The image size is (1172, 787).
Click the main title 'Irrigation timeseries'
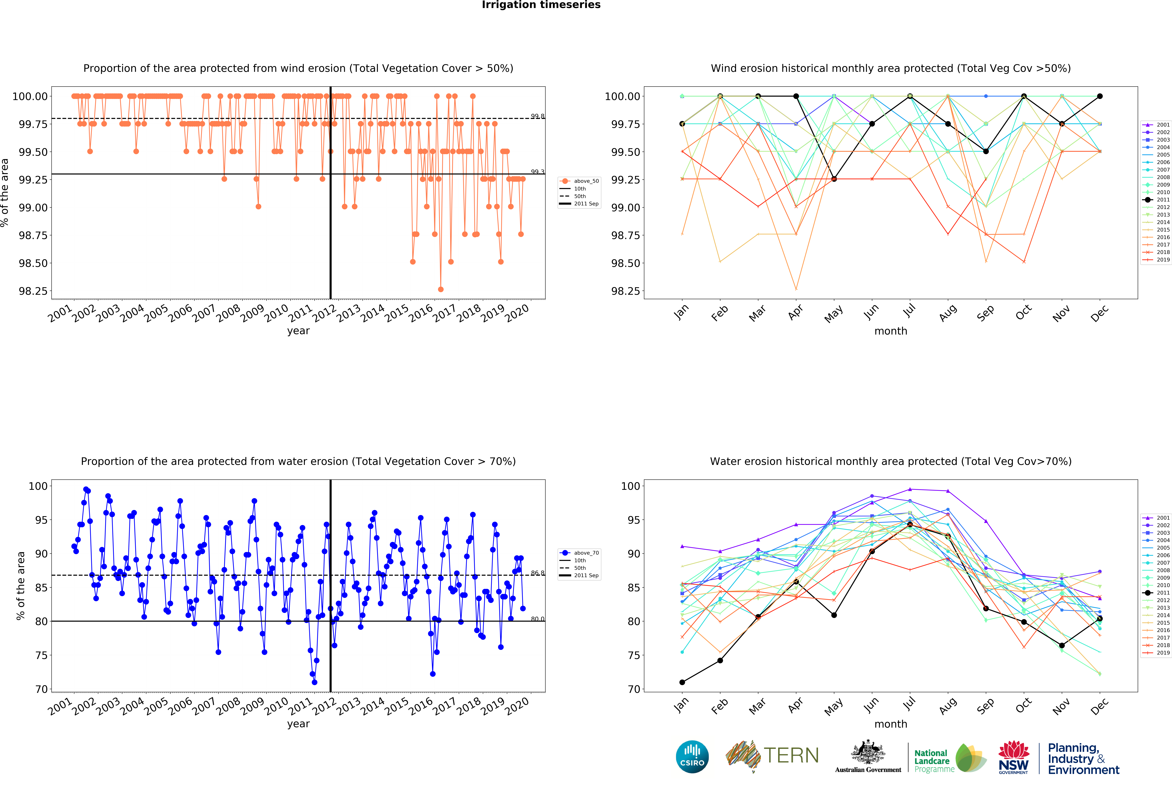pos(541,5)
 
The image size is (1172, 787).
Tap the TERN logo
pos(772,755)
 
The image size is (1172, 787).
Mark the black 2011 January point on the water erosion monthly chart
pos(682,682)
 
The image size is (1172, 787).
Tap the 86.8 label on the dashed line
pos(537,573)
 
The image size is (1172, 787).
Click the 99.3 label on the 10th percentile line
pos(537,172)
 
